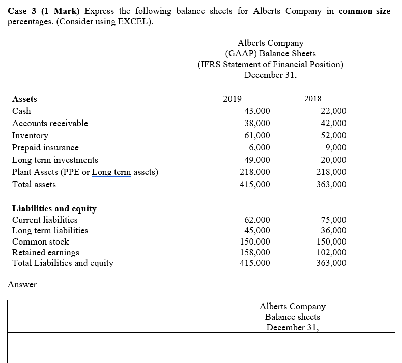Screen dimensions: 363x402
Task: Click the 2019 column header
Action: [232, 99]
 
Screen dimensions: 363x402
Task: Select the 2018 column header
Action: [312, 99]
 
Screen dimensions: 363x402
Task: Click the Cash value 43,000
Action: [257, 111]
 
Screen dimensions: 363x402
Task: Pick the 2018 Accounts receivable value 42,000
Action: [334, 123]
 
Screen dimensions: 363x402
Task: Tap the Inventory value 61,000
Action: [257, 135]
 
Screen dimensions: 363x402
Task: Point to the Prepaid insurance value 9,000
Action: [336, 147]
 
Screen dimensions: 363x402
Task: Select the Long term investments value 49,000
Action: [257, 160]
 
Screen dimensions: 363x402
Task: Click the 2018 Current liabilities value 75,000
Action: [334, 220]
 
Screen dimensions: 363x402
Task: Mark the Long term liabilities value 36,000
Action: [334, 230]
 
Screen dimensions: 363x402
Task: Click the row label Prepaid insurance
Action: [45, 147]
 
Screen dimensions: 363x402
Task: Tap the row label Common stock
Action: [40, 241]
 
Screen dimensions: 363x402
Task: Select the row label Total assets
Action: [34, 184]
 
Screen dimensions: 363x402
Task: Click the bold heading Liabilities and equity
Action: [54, 208]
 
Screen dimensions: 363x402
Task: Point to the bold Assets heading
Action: [24, 99]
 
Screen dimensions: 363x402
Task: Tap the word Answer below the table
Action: [22, 284]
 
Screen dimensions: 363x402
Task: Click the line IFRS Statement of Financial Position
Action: [270, 64]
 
